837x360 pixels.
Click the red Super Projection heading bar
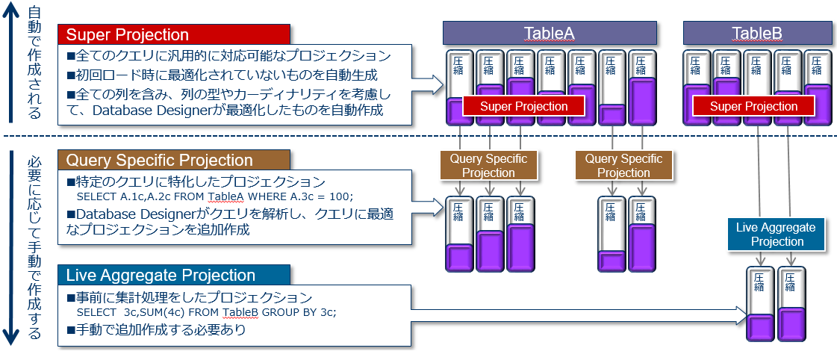pos(173,34)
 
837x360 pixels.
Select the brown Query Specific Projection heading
pos(173,160)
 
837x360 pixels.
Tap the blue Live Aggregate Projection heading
pos(173,274)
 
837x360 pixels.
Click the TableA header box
pos(549,33)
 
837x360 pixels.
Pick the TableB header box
pos(757,33)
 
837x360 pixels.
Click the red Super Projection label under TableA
pos(523,106)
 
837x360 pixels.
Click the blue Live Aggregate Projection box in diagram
pos(776,235)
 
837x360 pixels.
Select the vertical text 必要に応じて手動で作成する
pos(34,246)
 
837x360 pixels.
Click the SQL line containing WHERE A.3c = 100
pos(215,197)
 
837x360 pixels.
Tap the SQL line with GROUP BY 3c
pos(206,312)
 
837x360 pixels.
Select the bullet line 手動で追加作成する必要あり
pos(156,329)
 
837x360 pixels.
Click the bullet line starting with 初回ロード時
pos(222,75)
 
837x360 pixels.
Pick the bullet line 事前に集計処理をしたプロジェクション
pos(189,297)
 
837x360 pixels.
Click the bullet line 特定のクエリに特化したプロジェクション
pos(196,181)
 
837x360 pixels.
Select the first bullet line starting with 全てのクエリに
pos(228,55)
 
